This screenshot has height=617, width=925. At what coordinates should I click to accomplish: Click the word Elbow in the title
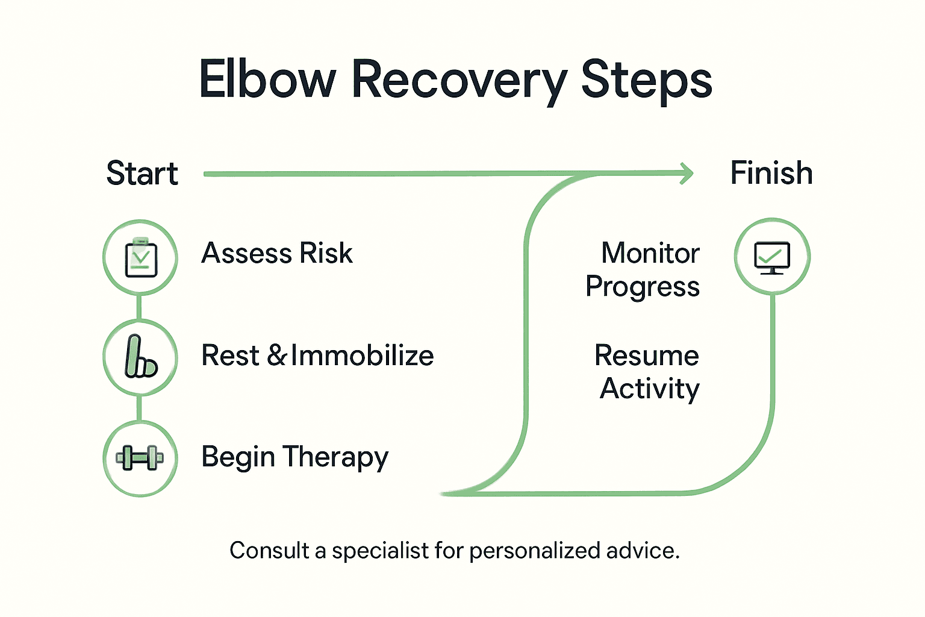(267, 80)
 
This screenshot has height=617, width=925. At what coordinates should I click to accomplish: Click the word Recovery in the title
(459, 81)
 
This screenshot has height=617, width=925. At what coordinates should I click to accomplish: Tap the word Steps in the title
(646, 81)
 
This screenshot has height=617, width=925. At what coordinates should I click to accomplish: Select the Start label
(142, 174)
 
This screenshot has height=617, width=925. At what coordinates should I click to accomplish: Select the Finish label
(771, 173)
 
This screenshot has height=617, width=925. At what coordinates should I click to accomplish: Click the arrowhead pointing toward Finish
(686, 174)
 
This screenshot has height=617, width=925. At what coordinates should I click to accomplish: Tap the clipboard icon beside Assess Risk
(140, 258)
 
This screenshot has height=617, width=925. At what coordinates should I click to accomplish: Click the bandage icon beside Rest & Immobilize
(140, 357)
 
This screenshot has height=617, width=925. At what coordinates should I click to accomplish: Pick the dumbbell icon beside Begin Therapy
(140, 458)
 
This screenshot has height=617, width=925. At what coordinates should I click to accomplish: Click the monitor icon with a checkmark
(772, 257)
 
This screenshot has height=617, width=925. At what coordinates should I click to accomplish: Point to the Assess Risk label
(277, 253)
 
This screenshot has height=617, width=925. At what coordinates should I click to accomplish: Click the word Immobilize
(363, 355)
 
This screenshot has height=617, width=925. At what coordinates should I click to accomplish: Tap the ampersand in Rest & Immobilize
(277, 355)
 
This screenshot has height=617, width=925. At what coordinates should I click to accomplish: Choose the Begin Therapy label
(294, 457)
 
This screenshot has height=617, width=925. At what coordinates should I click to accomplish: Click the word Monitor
(650, 253)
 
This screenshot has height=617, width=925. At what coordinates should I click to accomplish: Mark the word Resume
(647, 355)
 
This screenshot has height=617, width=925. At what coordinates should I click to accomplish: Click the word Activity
(650, 389)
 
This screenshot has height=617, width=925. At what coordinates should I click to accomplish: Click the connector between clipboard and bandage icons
(140, 307)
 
